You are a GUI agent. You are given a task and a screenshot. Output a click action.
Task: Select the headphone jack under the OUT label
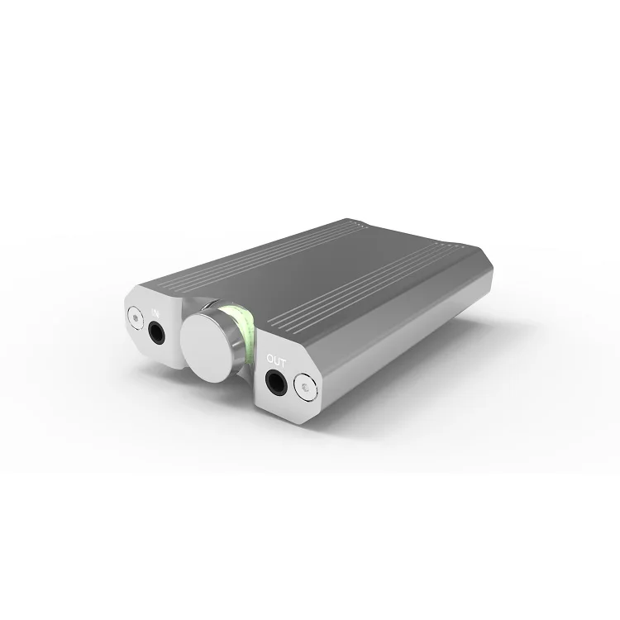[x=277, y=381]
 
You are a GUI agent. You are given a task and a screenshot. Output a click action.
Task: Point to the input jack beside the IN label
[x=156, y=332]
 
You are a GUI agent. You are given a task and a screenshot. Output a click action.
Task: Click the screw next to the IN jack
[x=133, y=316]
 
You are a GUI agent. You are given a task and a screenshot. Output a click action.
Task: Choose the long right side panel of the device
[x=413, y=347]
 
